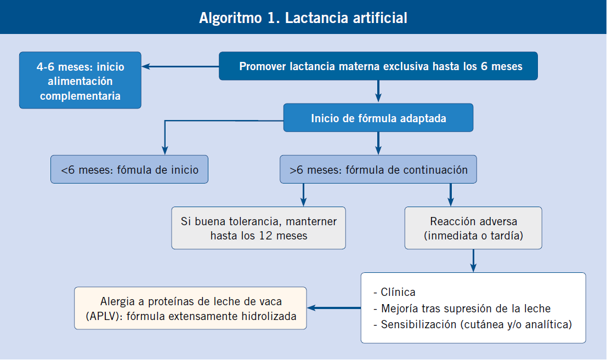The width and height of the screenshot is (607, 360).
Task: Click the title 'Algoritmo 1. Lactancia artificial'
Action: coord(303,18)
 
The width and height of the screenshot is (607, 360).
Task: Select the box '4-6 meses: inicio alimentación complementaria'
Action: coord(80,80)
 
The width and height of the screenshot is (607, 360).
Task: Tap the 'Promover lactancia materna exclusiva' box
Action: coord(378,66)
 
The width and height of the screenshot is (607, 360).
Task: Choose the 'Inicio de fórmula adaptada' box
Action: coord(378,118)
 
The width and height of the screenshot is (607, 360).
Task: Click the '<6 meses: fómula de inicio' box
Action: coord(129,169)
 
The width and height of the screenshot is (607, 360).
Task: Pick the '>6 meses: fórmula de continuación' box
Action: coord(378,169)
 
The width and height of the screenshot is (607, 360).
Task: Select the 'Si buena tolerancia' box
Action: coord(259,228)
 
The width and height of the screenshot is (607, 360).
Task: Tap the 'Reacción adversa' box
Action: coord(473,228)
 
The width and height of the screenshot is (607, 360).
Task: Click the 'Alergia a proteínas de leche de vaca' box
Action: coord(190,308)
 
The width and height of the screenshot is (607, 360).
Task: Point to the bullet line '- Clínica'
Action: coord(394,292)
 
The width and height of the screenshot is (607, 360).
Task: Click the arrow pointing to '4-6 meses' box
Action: coord(180,66)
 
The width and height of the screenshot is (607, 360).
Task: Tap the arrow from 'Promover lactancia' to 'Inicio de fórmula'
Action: coord(378,92)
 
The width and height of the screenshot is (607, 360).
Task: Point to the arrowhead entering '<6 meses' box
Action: coord(165,151)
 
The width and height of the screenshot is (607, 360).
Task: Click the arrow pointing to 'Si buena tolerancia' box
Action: coord(304,195)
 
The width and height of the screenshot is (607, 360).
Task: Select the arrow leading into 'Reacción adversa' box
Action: coord(451,195)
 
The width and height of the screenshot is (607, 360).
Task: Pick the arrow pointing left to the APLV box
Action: coord(334,308)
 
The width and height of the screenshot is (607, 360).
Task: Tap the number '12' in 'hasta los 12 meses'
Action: coord(266,236)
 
